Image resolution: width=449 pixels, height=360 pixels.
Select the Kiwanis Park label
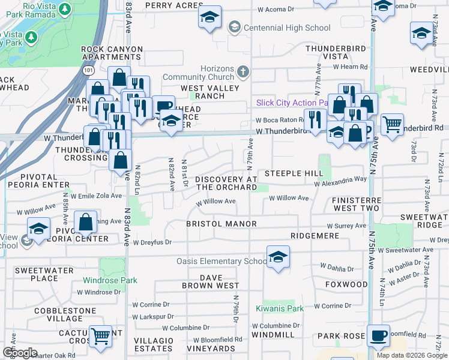pyautogui.click(x=283, y=308)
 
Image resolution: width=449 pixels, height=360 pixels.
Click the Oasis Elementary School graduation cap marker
pyautogui.click(x=278, y=257)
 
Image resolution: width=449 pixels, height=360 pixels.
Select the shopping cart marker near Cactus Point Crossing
pyautogui.click(x=100, y=337)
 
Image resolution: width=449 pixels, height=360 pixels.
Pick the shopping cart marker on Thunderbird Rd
pyautogui.click(x=392, y=125)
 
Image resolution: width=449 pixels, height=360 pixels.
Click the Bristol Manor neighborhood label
pyautogui.click(x=221, y=224)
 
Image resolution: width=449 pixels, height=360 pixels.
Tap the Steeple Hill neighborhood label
pyautogui.click(x=298, y=173)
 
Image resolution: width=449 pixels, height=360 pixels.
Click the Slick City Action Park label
pyautogui.click(x=291, y=103)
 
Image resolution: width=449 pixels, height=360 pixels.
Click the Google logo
pyautogui.click(x=20, y=353)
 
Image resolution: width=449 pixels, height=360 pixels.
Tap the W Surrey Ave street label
pyautogui.click(x=344, y=227)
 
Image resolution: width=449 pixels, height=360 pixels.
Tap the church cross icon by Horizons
pyautogui.click(x=243, y=72)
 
